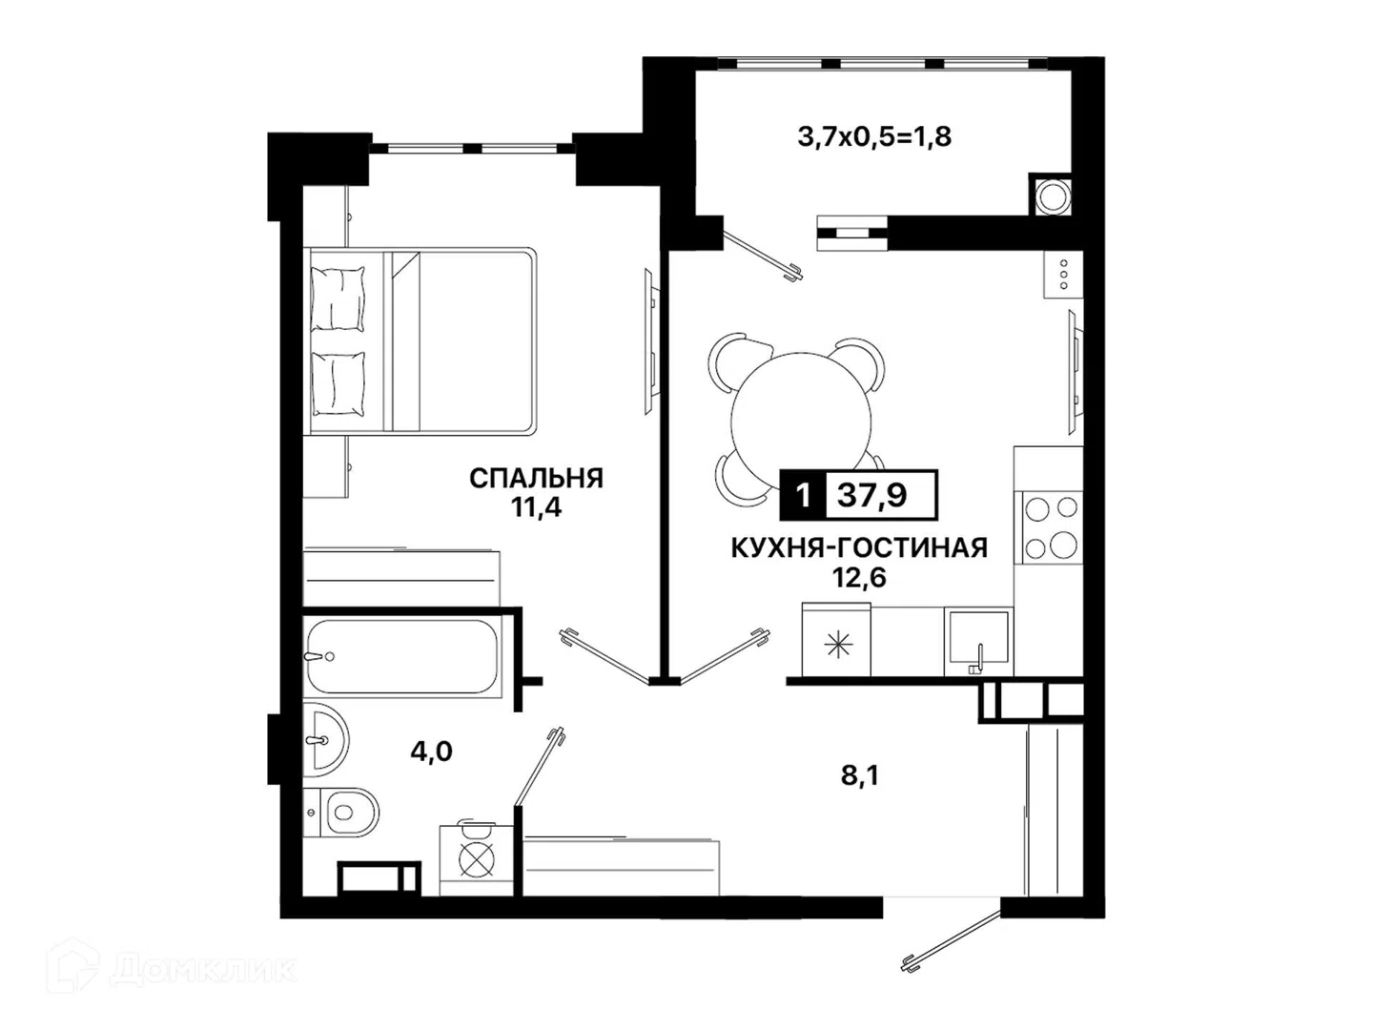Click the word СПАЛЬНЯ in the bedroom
(x=536, y=479)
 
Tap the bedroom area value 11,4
(x=536, y=507)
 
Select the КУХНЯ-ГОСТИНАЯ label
(x=859, y=547)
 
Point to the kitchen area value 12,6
(x=858, y=577)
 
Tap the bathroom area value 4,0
(x=431, y=752)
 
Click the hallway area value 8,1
(x=859, y=776)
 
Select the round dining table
(x=801, y=422)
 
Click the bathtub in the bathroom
(x=401, y=657)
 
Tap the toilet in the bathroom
(x=341, y=813)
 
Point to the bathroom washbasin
(x=325, y=740)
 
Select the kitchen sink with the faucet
(x=977, y=639)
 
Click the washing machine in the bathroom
(x=476, y=860)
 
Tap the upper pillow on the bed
(x=338, y=299)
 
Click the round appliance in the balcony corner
(x=1052, y=196)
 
